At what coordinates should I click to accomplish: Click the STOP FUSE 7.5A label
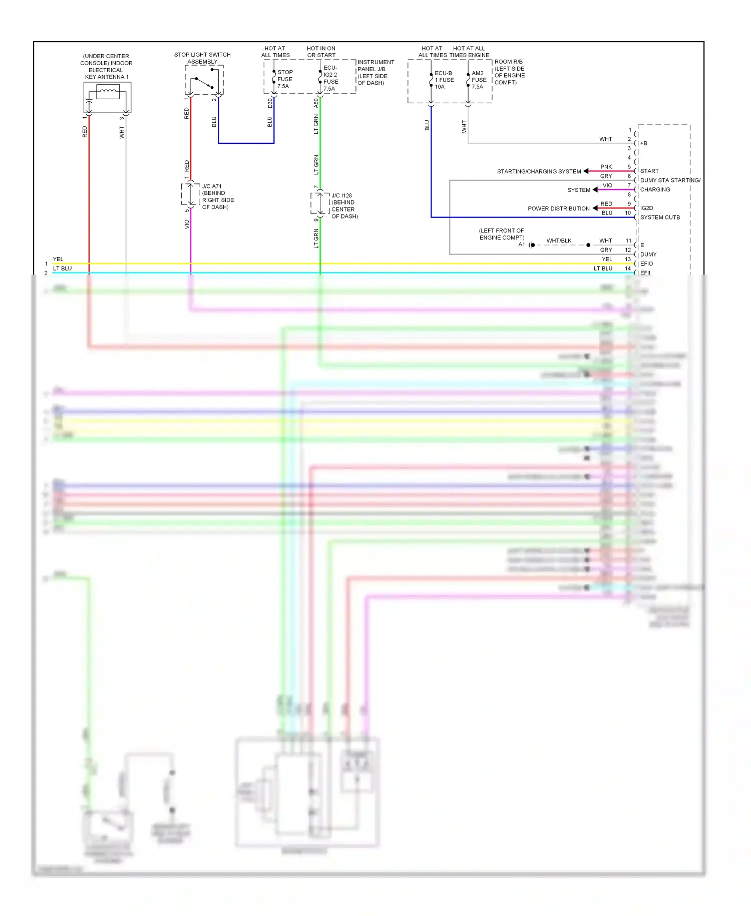click(x=285, y=79)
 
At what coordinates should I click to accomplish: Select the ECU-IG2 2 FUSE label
click(x=330, y=78)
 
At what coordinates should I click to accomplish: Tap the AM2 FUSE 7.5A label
click(x=479, y=80)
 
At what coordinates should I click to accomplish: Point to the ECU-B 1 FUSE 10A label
click(x=444, y=80)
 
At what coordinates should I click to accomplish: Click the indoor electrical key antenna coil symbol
click(x=108, y=92)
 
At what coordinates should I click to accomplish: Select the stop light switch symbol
click(x=204, y=83)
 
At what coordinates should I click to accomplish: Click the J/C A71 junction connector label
click(x=217, y=196)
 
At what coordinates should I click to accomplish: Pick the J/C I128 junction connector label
click(x=344, y=206)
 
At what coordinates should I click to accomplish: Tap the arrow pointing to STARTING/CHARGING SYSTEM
click(x=586, y=171)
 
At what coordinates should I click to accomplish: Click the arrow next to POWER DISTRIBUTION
click(x=595, y=208)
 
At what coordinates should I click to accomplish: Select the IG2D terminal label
click(x=646, y=208)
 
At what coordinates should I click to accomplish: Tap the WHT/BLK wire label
click(x=559, y=241)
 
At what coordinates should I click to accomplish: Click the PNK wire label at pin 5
click(x=606, y=167)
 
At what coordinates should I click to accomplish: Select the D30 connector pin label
click(x=270, y=103)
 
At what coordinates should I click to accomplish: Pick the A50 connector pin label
click(x=316, y=103)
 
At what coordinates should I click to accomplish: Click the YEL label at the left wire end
click(x=58, y=259)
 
